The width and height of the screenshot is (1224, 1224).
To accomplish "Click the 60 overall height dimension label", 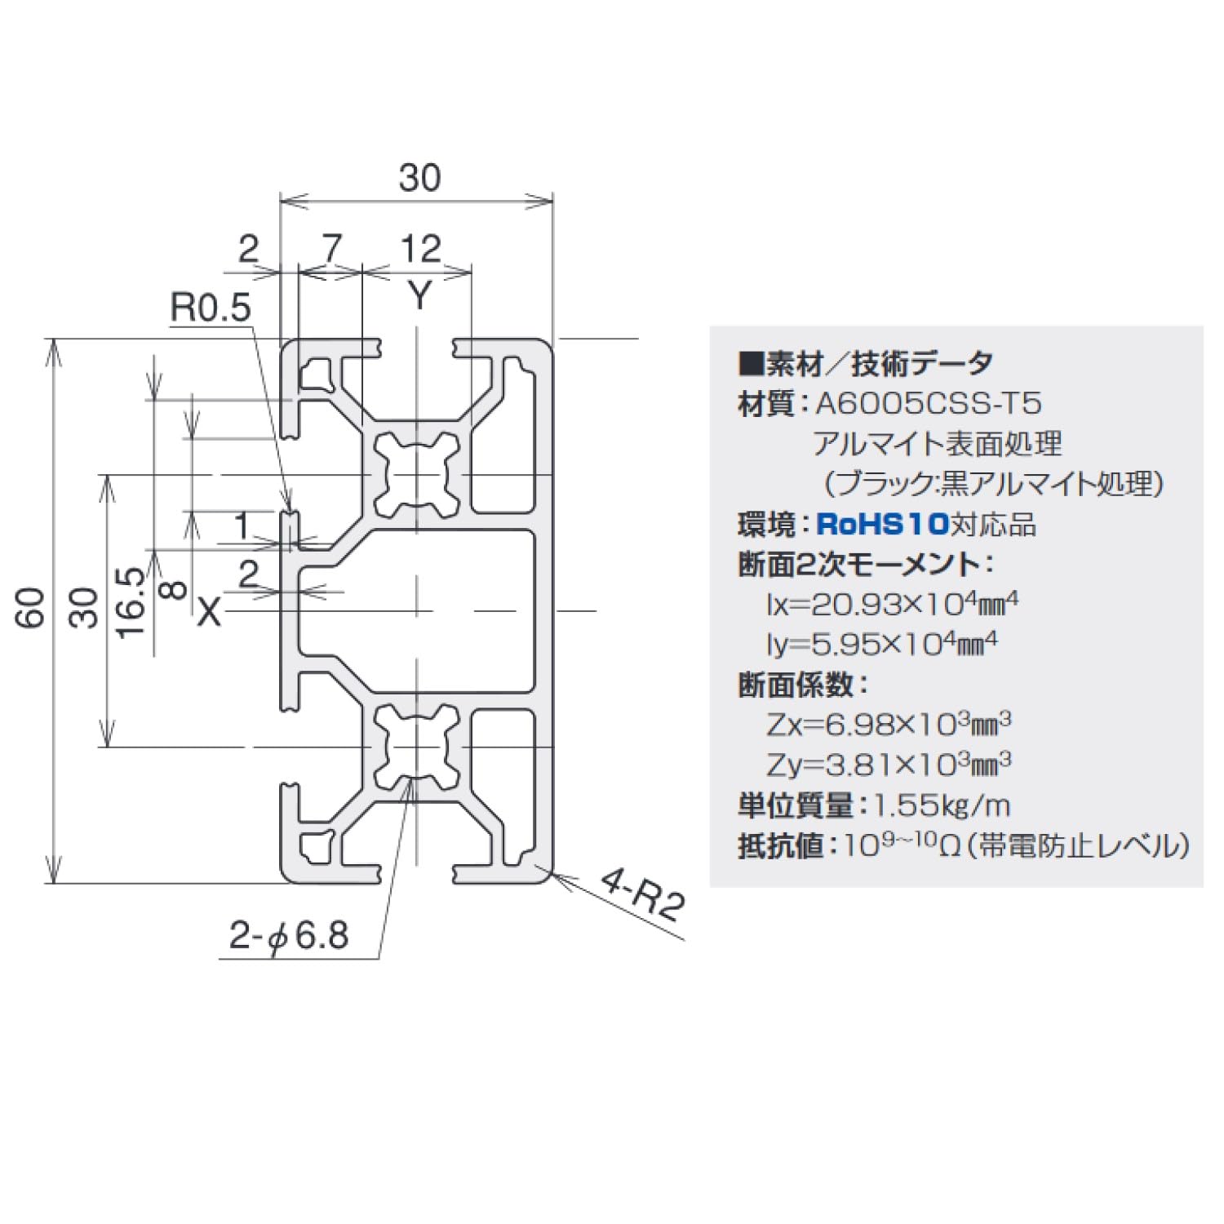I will (33, 608).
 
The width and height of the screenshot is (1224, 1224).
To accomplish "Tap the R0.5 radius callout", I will (210, 308).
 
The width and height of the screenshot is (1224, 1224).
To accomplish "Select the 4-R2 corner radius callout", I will (641, 894).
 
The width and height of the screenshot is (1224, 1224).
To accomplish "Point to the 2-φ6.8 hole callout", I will (289, 935).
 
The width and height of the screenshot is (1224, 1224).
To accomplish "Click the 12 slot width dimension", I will (420, 249).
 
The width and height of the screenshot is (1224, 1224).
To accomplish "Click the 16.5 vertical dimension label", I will (131, 603).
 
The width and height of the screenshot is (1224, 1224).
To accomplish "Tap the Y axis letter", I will (419, 295).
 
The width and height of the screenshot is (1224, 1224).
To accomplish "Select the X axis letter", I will (210, 610).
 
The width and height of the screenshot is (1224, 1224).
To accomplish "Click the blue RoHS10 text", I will (883, 524).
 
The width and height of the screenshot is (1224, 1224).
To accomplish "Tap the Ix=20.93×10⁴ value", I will (892, 605).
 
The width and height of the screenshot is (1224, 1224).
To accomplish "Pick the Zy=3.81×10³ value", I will (889, 765).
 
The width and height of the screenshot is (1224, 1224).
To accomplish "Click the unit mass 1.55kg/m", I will (942, 806).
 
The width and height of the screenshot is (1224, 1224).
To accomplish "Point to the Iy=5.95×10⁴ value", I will (881, 645).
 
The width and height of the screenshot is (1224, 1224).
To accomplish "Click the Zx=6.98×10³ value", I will (889, 725).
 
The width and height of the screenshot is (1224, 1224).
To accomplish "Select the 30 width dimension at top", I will (419, 178).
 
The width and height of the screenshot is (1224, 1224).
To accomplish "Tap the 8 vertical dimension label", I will (174, 588).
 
